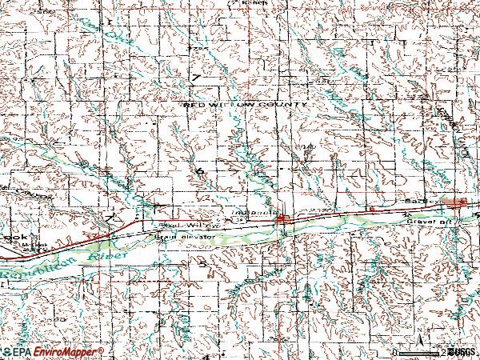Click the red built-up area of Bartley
point(460,203)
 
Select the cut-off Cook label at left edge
point(14,238)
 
